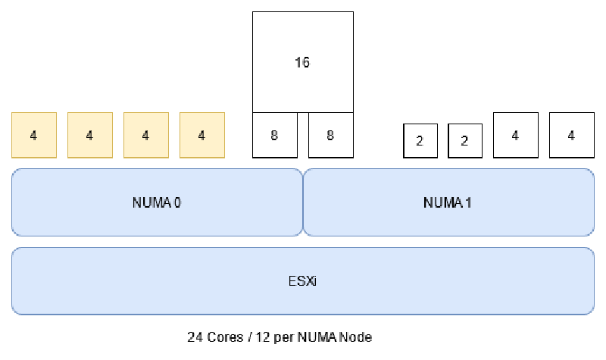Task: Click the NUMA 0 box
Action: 157,202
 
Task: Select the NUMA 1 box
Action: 448,202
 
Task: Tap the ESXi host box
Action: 303,280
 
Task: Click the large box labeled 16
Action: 302,62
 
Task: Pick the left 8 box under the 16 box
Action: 274,135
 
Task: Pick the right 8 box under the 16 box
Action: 330,135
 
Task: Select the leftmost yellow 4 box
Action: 33,135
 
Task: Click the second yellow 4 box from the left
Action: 89,135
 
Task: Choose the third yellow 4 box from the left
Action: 145,135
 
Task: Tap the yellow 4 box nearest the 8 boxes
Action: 201,135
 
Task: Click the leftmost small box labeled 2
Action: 420,140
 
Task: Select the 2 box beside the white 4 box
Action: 465,140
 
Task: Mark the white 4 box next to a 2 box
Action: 515,135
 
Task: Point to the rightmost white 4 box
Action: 571,135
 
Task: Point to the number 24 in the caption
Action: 194,337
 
